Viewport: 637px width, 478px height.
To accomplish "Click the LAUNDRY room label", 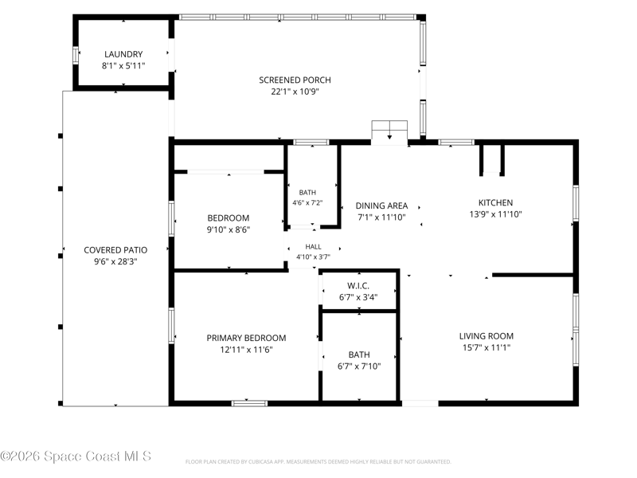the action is tap(123, 54).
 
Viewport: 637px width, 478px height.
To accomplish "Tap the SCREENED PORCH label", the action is tap(295, 80).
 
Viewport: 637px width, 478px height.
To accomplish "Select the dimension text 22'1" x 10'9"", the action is tap(295, 92).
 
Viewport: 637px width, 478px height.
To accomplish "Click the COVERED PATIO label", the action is tap(115, 250).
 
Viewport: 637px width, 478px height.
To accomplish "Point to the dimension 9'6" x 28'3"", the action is tap(115, 261).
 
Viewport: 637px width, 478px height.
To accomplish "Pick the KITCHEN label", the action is tap(495, 202).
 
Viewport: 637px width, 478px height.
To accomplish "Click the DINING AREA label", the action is tap(381, 206).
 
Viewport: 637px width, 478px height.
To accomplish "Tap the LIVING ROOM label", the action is tap(487, 336).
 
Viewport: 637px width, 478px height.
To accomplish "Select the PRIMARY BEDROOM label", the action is tap(246, 338).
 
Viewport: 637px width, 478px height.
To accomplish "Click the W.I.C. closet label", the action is tap(358, 286).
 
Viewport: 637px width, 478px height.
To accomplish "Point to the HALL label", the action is tap(313, 247).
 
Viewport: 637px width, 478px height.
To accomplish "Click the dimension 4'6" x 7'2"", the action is tap(307, 202).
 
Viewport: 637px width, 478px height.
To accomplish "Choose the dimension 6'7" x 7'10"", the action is tap(359, 366).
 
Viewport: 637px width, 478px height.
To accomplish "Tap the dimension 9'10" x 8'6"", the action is tap(229, 229).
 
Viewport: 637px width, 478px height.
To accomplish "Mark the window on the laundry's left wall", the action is tap(76, 55).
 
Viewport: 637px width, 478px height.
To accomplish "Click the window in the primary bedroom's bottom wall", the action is tap(249, 403).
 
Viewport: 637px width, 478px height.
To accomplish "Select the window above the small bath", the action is tap(311, 143).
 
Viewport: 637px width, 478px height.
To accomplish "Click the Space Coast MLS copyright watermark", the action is tap(76, 456).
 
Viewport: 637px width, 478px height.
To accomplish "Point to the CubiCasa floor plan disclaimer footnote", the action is tap(318, 462).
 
